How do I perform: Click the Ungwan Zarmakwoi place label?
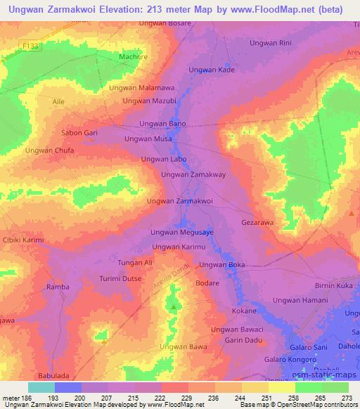coord(179,201)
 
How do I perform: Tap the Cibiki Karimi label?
coord(23,240)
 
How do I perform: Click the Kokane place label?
coord(244,311)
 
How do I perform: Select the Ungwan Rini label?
coord(271,43)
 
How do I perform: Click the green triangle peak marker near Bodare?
coord(174,306)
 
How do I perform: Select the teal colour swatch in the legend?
coord(41,387)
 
